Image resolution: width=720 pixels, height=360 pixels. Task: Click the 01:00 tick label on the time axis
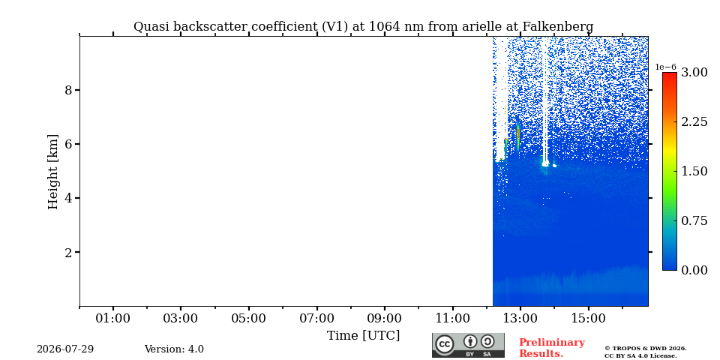tap(113, 318)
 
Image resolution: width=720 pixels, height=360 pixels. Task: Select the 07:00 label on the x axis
tap(316, 318)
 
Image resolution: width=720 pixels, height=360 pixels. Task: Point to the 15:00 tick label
tap(588, 318)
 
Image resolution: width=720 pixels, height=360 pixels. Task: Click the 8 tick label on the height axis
tap(69, 90)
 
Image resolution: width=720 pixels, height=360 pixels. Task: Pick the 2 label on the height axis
tap(69, 253)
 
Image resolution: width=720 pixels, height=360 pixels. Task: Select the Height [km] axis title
tap(53, 172)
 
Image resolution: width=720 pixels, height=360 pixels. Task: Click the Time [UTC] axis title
tap(363, 335)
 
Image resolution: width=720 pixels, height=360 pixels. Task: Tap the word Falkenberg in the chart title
tap(556, 27)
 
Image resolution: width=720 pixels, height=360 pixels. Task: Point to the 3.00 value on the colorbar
tap(694, 72)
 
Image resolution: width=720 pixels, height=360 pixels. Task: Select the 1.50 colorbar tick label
tap(694, 171)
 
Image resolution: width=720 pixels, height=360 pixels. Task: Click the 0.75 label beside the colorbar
tap(694, 220)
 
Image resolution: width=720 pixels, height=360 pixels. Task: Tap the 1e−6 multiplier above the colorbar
tap(665, 67)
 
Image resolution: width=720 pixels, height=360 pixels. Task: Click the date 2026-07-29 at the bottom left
tap(65, 349)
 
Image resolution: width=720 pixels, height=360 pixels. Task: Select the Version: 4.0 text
tap(174, 349)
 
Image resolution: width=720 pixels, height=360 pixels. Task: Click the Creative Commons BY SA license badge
tap(468, 345)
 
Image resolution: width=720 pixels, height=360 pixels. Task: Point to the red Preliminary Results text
tap(552, 348)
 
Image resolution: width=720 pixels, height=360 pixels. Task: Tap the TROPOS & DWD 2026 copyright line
tap(645, 349)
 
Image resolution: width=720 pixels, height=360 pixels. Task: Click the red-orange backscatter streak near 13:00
tap(518, 134)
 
